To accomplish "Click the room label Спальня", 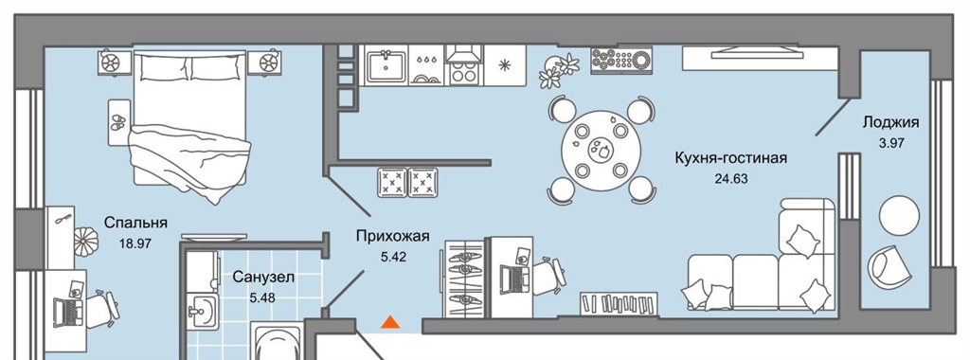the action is pos(135,223).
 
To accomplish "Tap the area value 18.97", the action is pos(135,243).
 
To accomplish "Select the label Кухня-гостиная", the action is pos(730,159).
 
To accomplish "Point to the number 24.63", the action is pos(731,180).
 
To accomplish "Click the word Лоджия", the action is pos(890,122).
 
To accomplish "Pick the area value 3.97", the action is pos(891,143).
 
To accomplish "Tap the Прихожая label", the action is pos(392,236).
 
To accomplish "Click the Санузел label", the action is pos(263,278).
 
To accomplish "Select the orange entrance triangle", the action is pos(389,322).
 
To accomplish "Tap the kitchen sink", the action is pos(386,65).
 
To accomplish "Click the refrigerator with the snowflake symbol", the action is pos(505,65).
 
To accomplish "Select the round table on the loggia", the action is pos(899,215).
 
